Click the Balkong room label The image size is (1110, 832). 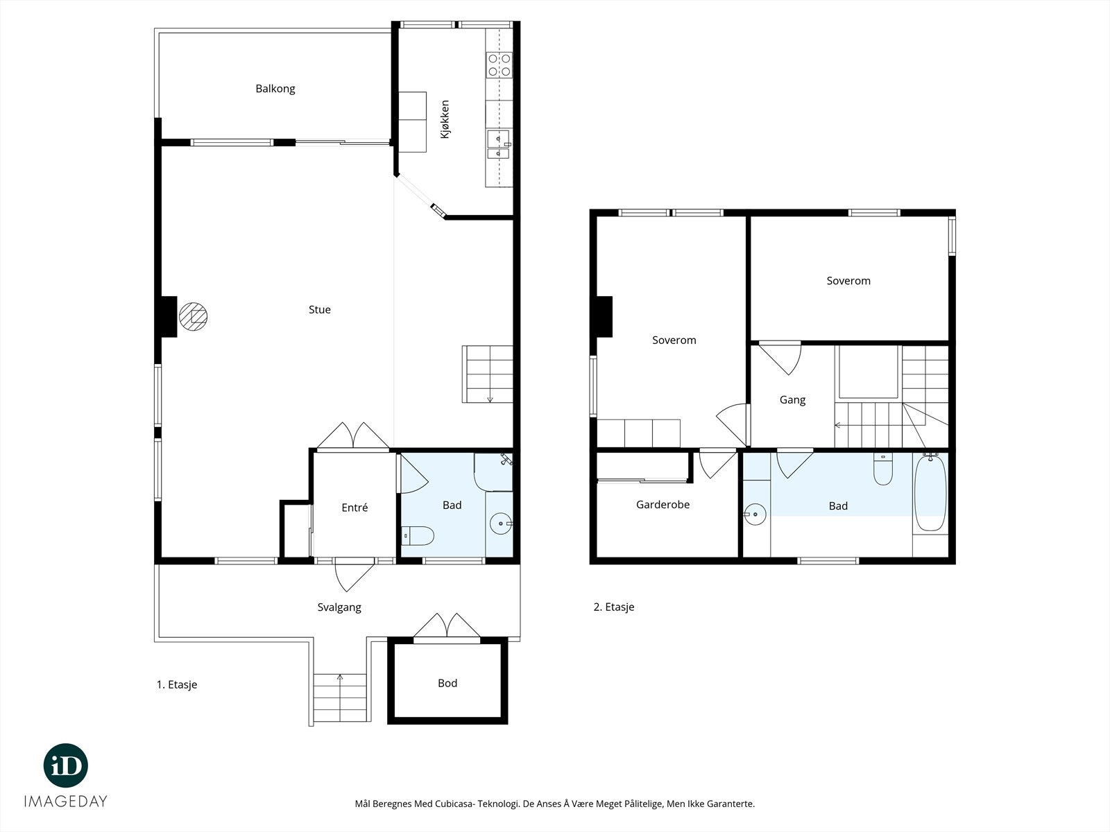[275, 89]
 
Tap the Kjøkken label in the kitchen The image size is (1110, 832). [445, 119]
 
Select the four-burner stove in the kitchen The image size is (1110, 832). [499, 65]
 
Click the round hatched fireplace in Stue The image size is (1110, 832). [193, 317]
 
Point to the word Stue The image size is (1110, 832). [320, 310]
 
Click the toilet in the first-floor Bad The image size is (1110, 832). [418, 536]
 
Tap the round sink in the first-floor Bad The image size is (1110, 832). [502, 524]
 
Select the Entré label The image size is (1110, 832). [355, 508]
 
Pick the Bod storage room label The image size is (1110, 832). [447, 684]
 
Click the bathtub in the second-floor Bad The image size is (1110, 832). [930, 492]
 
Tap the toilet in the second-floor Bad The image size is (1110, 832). [883, 469]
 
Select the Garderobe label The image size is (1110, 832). [663, 505]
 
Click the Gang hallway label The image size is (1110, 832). [792, 400]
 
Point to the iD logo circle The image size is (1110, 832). [66, 765]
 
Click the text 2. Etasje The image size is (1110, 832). [614, 607]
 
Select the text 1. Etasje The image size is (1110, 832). [177, 685]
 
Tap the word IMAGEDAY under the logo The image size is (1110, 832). [66, 801]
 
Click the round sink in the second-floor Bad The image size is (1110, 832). [755, 514]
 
